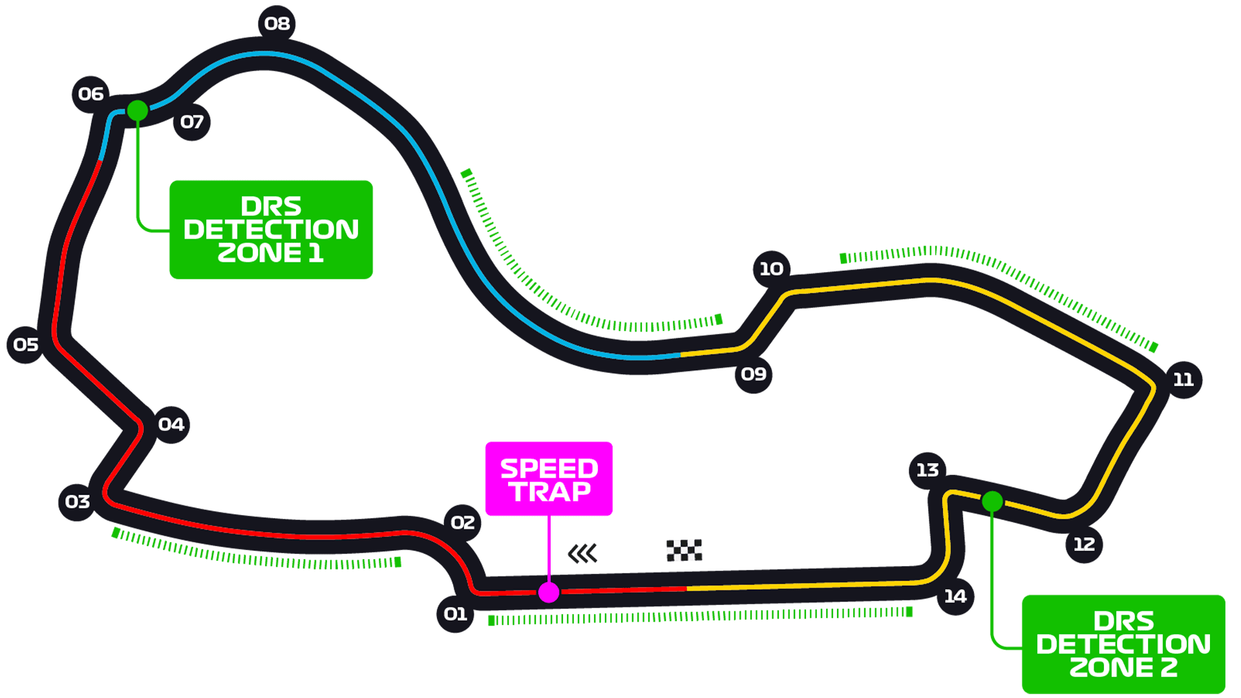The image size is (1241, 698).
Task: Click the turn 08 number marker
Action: [x=277, y=24]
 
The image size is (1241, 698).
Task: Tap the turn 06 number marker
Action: [x=90, y=94]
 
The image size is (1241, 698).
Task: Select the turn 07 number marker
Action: [x=192, y=122]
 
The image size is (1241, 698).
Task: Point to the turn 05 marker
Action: [x=26, y=345]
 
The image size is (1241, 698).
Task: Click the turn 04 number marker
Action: [x=171, y=425]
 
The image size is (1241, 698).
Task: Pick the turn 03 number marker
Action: [x=77, y=502]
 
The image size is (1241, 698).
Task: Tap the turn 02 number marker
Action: [x=463, y=523]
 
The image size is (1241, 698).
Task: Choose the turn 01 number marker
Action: [x=455, y=614]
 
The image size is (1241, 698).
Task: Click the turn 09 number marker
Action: [x=754, y=374]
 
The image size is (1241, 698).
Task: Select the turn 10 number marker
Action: [x=771, y=269]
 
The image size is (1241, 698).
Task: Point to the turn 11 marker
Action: [x=1183, y=380]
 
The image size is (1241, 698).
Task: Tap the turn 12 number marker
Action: [x=1084, y=545]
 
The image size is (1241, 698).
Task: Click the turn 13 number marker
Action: [x=928, y=471]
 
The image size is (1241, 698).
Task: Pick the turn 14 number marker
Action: [x=955, y=597]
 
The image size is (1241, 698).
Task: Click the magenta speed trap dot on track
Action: [x=549, y=592]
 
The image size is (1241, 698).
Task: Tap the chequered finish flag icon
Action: [x=684, y=551]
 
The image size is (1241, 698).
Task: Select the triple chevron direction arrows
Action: [x=582, y=554]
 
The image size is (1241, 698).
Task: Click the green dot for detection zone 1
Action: [x=137, y=111]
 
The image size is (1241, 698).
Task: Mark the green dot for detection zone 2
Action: [x=992, y=502]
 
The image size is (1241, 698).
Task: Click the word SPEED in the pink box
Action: [x=549, y=469]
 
